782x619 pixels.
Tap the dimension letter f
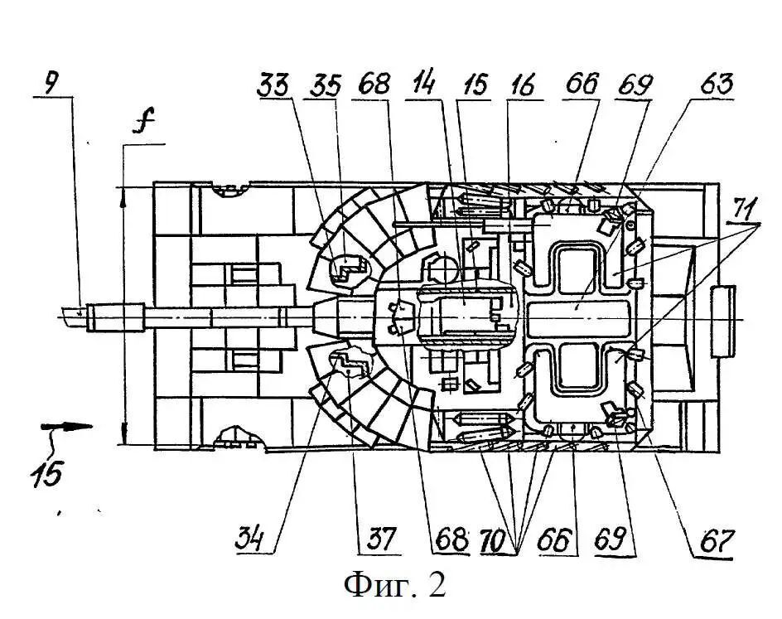[x=145, y=121]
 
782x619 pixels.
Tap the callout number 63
[x=717, y=84]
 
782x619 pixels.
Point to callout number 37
[x=381, y=539]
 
